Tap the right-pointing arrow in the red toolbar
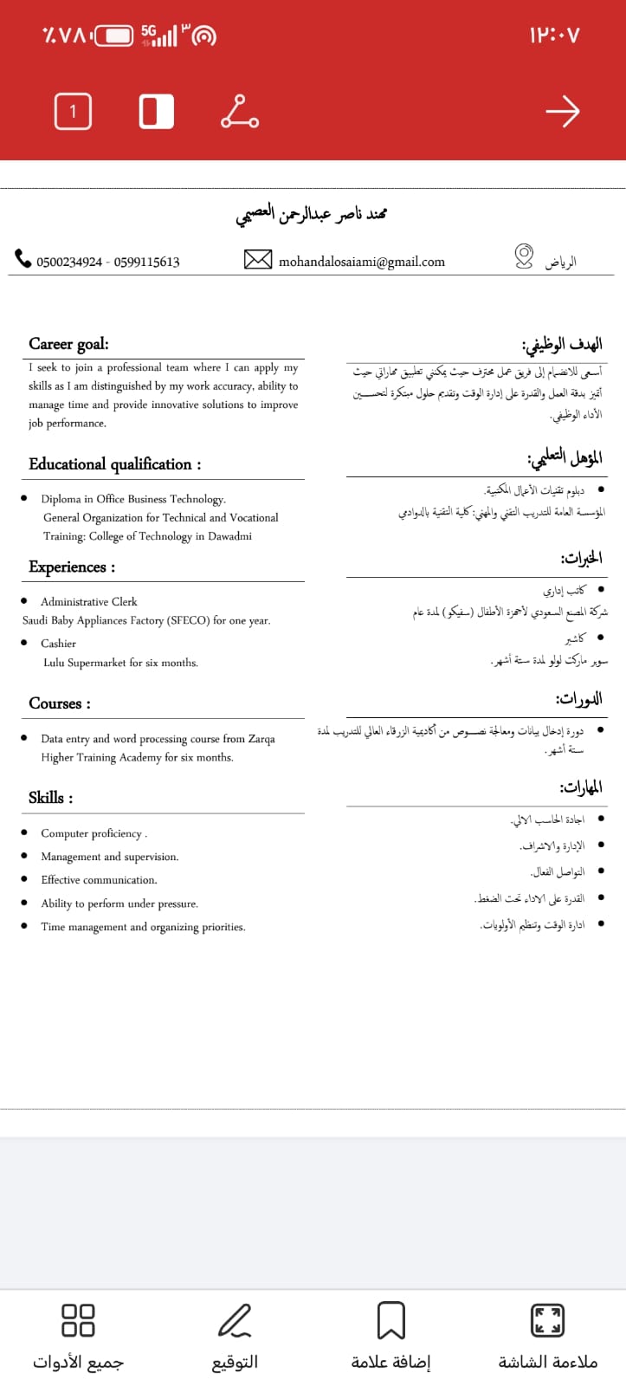562,111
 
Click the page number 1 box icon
73,111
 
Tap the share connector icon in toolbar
240,111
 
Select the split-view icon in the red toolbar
156,111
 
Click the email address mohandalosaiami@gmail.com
361,262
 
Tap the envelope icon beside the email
258,259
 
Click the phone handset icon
23,258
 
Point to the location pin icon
524,256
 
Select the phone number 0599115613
147,262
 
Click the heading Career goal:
68,344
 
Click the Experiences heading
71,567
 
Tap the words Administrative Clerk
88,601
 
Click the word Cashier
58,644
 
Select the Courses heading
59,703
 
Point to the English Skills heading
50,798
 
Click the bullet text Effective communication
99,880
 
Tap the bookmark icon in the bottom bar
390,1321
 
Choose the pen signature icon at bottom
235,1321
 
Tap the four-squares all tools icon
78,1321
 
